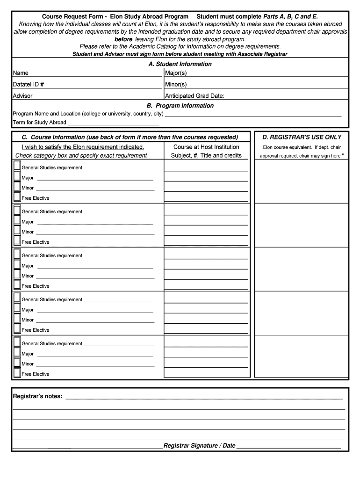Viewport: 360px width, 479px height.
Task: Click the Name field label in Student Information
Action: [x=21, y=73]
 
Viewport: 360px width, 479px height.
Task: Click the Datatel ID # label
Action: [x=29, y=85]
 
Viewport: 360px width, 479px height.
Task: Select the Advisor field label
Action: [x=22, y=96]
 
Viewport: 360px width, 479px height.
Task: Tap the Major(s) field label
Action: [x=176, y=73]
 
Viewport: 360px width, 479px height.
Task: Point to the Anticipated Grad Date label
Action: [x=194, y=96]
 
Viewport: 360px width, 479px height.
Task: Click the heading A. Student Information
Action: [x=180, y=64]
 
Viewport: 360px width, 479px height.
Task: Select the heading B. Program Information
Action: [x=180, y=106]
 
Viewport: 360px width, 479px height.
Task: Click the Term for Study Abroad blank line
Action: [x=113, y=123]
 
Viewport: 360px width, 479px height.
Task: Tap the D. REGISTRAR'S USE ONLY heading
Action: [x=302, y=137]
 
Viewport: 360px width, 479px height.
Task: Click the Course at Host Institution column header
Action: [x=206, y=147]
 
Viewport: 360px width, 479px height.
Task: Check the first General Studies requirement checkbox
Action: [x=17, y=166]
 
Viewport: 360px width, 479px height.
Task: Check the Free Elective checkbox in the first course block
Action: [x=17, y=197]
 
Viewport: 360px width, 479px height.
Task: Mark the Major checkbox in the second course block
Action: [x=17, y=220]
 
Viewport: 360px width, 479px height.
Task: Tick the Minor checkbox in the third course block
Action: [x=17, y=275]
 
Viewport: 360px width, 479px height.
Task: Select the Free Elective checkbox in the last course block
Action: [x=17, y=373]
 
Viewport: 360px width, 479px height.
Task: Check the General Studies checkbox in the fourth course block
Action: [x=17, y=298]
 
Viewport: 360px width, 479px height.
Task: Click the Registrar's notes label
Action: [x=37, y=396]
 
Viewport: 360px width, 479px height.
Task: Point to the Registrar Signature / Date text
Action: [x=199, y=446]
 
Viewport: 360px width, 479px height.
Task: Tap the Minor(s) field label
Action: [x=176, y=85]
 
